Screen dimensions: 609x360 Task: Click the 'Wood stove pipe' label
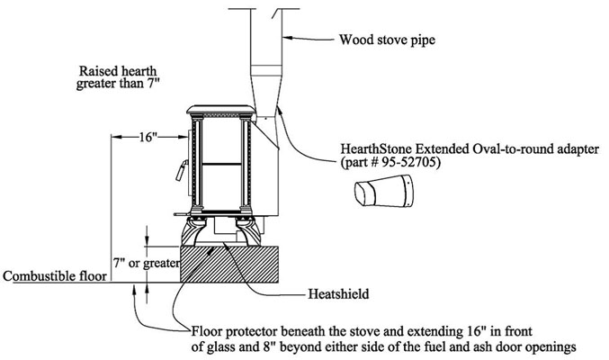coord(387,40)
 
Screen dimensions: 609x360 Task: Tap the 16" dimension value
coord(148,137)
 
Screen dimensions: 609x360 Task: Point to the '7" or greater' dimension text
coord(147,263)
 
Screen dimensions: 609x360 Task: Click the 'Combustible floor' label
coord(55,276)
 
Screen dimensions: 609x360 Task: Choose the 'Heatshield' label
coord(338,294)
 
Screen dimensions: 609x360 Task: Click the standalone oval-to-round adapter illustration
coord(384,191)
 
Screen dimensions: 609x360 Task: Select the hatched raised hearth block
coord(229,265)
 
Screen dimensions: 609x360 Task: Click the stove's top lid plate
coord(221,109)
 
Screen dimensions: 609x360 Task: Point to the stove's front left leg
coord(193,231)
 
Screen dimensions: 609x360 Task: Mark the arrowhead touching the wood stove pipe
coord(287,38)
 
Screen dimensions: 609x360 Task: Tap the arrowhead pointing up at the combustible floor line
coord(134,289)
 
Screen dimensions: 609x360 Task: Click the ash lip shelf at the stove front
coord(182,214)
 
